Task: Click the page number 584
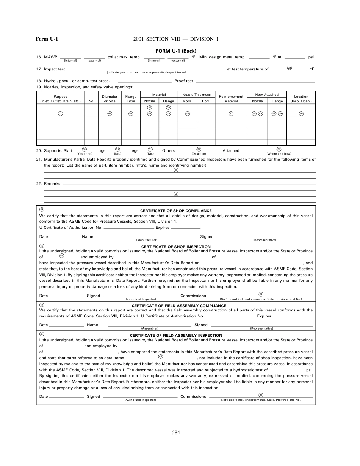[176, 433]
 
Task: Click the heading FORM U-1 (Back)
[176, 51]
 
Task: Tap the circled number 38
[290, 67]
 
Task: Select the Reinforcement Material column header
[231, 99]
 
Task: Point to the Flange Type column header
[131, 99]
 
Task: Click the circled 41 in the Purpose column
[60, 113]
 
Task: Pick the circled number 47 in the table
[231, 113]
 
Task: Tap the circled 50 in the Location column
[301, 113]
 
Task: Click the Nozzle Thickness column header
[196, 95]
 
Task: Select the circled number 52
[176, 170]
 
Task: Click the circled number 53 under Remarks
[176, 194]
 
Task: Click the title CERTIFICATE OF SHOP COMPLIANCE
[176, 211]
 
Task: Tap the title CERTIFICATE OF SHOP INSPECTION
[176, 246]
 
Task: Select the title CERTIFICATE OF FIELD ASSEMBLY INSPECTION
[176, 335]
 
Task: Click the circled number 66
[161, 356]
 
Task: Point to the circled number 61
[62, 255]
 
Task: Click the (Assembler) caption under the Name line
[150, 328]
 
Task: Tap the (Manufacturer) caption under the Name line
[147, 240]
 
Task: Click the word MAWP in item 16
[50, 57]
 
